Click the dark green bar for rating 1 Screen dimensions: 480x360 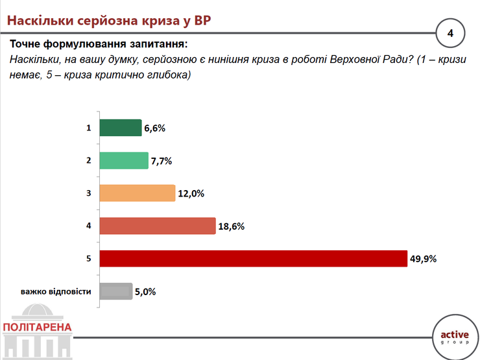(x=121, y=128)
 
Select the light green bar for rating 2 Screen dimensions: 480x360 (x=124, y=160)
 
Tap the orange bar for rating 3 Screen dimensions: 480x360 (x=138, y=193)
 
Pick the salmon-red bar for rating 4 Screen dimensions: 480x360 (x=158, y=226)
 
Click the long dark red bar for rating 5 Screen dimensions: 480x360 (x=254, y=259)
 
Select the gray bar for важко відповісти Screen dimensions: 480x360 (x=116, y=291)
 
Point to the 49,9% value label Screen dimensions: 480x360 (x=423, y=259)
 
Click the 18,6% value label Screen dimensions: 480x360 (x=232, y=226)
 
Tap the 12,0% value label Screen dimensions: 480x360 (x=191, y=193)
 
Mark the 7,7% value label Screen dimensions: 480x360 (x=162, y=161)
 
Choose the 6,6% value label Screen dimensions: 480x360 (x=154, y=128)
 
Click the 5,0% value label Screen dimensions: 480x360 (x=145, y=292)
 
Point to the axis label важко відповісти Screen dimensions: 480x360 (x=56, y=291)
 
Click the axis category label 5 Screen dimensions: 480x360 (x=88, y=259)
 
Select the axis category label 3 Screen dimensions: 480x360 (x=88, y=193)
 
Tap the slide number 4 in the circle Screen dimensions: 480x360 (x=450, y=33)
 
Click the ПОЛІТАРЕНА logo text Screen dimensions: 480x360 (x=37, y=328)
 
